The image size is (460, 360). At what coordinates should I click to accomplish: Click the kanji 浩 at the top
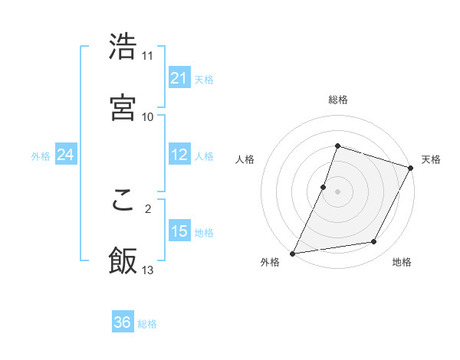tap(123, 47)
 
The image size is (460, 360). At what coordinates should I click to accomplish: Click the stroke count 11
tap(148, 56)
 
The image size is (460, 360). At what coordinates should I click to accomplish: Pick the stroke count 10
tap(148, 116)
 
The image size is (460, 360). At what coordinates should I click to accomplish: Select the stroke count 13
tap(148, 270)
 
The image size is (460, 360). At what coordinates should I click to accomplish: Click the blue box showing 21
tap(179, 78)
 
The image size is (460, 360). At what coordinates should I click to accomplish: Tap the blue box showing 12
tap(179, 155)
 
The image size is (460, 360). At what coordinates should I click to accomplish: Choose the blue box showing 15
tap(179, 231)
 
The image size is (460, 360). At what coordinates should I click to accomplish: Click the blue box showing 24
tap(66, 155)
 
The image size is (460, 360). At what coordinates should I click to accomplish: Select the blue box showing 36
tap(123, 323)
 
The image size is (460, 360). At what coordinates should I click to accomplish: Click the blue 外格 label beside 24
tap(41, 156)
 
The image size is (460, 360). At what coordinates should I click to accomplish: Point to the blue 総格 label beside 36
tap(148, 324)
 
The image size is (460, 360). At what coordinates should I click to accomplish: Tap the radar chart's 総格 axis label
tap(338, 100)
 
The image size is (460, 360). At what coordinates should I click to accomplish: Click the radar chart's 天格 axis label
tap(432, 159)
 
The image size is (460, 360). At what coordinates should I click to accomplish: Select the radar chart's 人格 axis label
tap(245, 159)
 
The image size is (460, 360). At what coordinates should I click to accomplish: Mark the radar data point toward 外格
tap(293, 253)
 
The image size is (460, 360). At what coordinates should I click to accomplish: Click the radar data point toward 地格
tap(374, 242)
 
